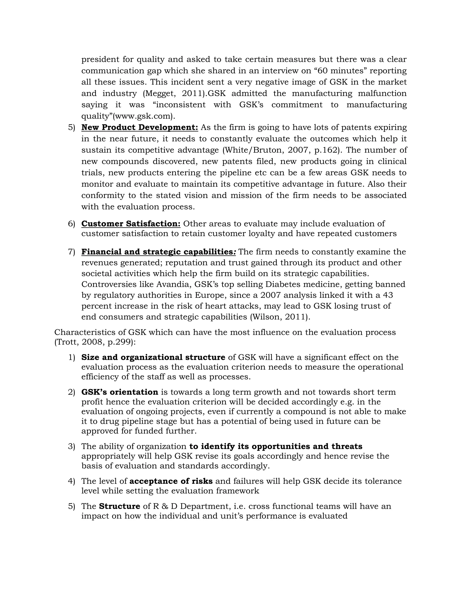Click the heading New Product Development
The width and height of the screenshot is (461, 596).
[x=140, y=128]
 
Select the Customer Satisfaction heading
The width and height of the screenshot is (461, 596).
[x=131, y=224]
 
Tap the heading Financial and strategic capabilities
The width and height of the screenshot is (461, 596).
[x=158, y=252]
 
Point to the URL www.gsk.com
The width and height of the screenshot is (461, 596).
[x=143, y=116]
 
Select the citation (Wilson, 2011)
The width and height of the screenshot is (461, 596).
[x=280, y=317]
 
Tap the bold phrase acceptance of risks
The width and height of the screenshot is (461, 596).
[x=171, y=481]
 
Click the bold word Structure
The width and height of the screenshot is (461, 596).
[x=119, y=506]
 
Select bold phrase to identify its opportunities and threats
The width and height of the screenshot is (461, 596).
[x=276, y=446]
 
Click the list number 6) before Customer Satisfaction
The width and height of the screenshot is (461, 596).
[x=71, y=224]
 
